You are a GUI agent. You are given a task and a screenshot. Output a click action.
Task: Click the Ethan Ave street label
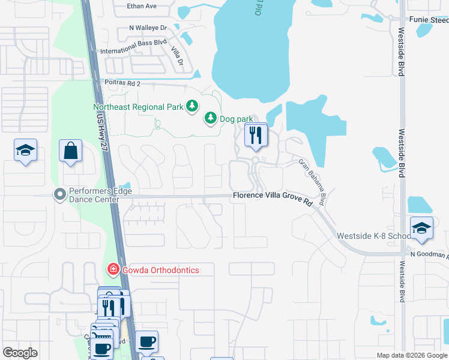(142, 6)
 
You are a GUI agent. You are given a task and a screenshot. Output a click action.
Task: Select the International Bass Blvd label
(133, 51)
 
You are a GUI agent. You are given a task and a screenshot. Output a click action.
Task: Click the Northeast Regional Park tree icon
(191, 107)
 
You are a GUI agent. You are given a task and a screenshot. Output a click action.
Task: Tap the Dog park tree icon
(211, 119)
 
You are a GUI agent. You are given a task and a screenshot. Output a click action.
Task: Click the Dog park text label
(236, 119)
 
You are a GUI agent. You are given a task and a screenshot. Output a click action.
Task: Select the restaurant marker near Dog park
(256, 136)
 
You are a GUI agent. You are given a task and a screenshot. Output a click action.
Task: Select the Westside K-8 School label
(373, 236)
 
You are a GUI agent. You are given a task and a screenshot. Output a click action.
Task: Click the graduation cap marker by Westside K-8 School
(421, 229)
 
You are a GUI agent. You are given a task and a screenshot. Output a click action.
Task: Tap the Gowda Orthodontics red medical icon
(112, 270)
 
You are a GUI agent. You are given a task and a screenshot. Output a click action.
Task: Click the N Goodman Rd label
(429, 255)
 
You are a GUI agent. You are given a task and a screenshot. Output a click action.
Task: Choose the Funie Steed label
(429, 20)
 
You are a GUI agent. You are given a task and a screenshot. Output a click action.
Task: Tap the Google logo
(20, 353)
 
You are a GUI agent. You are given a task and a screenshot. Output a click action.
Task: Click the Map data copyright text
(412, 355)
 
